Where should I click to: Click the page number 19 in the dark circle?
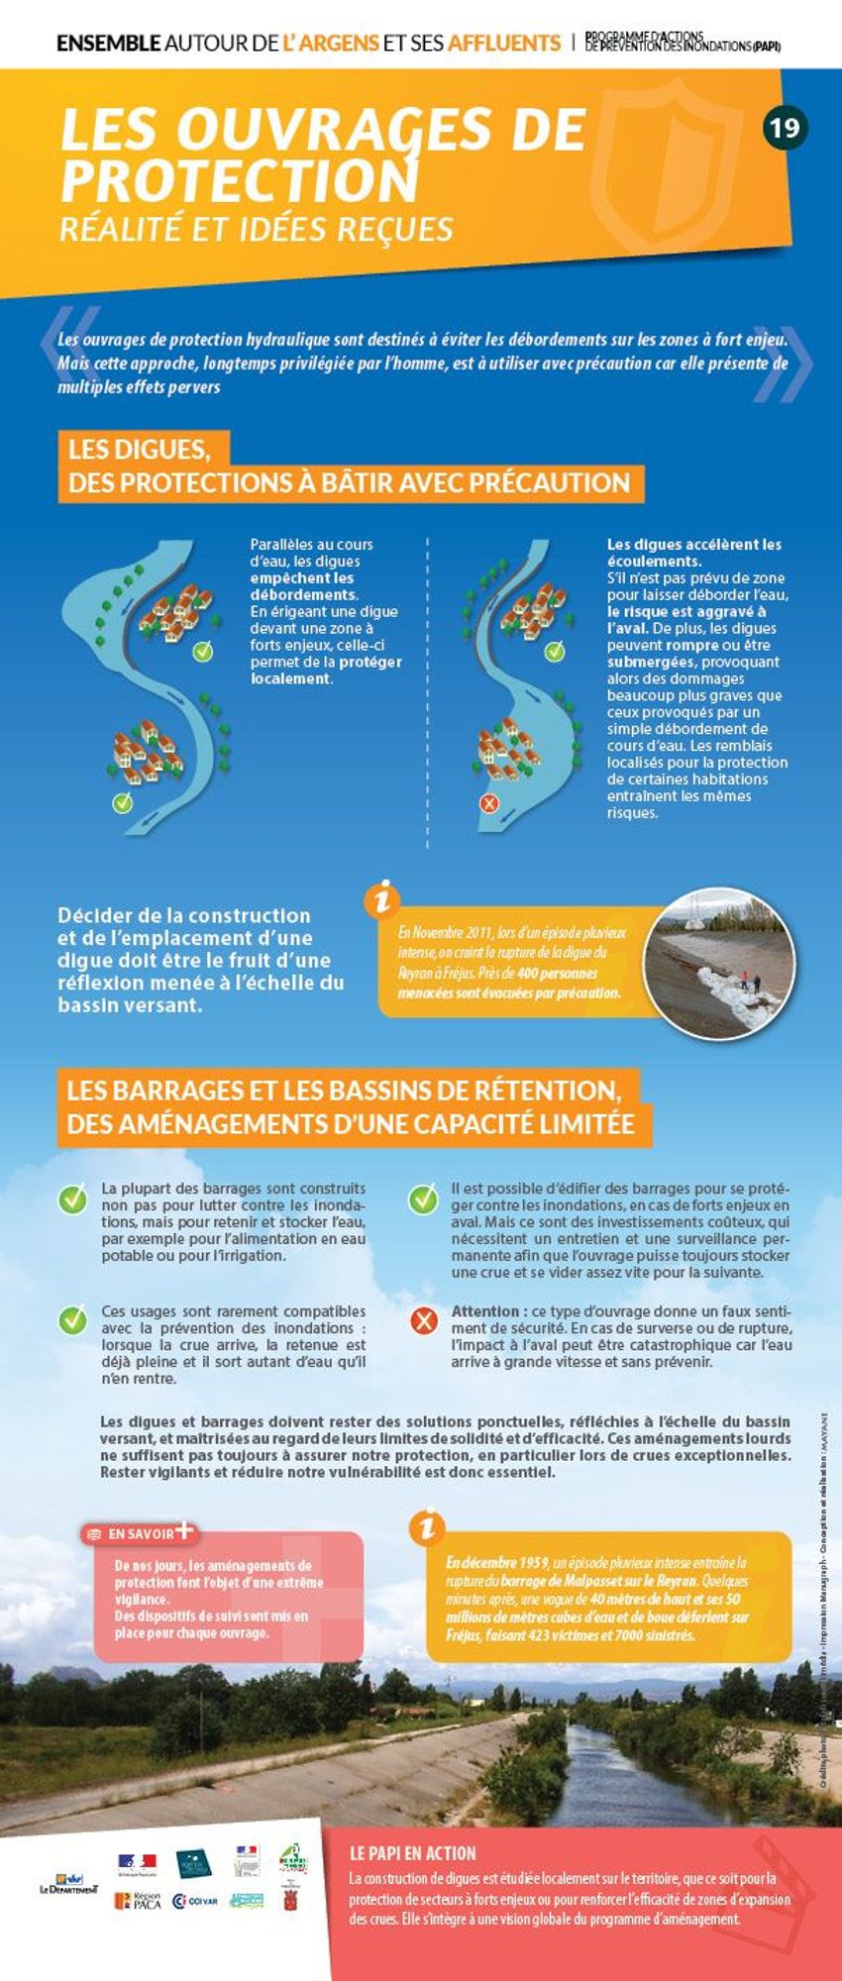pos(785,128)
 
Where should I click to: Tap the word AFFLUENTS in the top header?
pos(503,43)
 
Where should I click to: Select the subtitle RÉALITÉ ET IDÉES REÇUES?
pos(256,229)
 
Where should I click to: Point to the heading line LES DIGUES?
pos(139,450)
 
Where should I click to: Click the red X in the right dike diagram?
pos(488,803)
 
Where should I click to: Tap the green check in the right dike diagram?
pos(555,651)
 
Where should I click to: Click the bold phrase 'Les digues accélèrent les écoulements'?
pos(693,552)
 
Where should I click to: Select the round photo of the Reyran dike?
pos(718,963)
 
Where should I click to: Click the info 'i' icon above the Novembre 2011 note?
pos(382,899)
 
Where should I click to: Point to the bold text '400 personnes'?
pos(556,974)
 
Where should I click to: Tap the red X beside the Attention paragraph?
pos(424,1320)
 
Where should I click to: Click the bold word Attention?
pos(485,1310)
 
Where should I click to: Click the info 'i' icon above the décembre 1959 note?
pos(427,1526)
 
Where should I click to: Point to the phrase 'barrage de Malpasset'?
pos(553,1582)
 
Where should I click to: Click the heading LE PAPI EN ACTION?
pos(412,1853)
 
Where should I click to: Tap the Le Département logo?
pos(68,1883)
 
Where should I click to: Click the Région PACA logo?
pos(138,1901)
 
